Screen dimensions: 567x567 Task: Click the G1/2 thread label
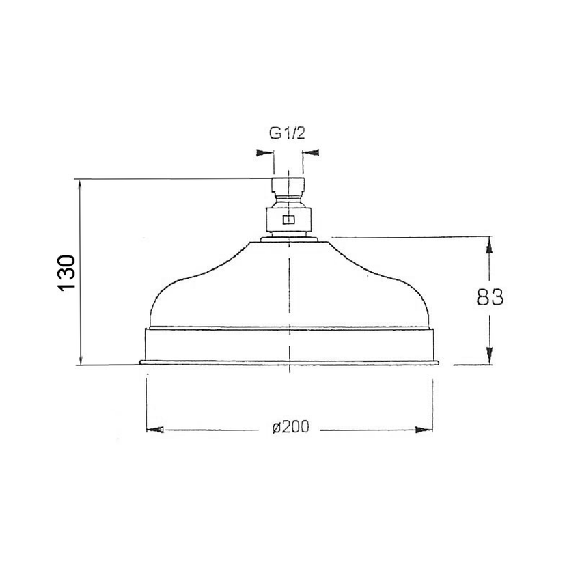pyautogui.click(x=287, y=133)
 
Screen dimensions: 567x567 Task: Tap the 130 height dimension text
pyautogui.click(x=66, y=273)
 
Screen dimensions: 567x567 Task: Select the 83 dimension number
pyautogui.click(x=490, y=297)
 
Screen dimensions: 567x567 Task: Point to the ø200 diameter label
pyautogui.click(x=291, y=427)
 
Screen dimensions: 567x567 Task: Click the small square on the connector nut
pyautogui.click(x=289, y=220)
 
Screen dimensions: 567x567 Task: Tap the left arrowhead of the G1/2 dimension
pyautogui.click(x=264, y=152)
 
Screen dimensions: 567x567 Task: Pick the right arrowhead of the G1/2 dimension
pyautogui.click(x=311, y=152)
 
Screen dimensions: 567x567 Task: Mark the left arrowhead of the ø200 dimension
pyautogui.click(x=155, y=430)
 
